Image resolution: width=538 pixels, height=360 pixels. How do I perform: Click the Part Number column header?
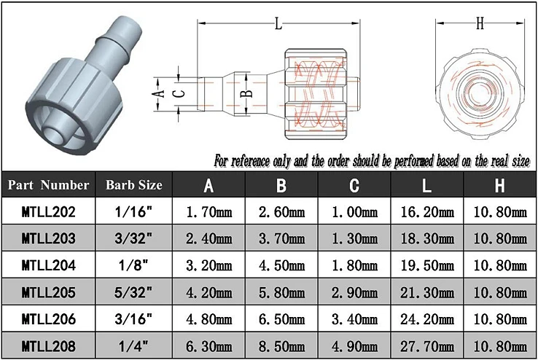point(48,185)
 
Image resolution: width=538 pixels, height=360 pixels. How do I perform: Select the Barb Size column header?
point(134,185)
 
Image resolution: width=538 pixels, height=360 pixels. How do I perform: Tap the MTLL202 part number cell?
point(48,212)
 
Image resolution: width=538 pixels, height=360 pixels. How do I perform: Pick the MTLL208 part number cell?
point(48,346)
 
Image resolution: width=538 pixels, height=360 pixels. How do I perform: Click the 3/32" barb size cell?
point(133,238)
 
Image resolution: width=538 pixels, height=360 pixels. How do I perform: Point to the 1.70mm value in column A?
point(209,212)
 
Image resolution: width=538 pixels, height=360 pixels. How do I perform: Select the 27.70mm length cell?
point(427,346)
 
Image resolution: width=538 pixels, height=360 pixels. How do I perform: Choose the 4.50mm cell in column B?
point(281,266)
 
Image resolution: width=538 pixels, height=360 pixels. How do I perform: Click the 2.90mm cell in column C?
point(354,292)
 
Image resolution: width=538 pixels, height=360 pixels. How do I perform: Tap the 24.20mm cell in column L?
point(427,319)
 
